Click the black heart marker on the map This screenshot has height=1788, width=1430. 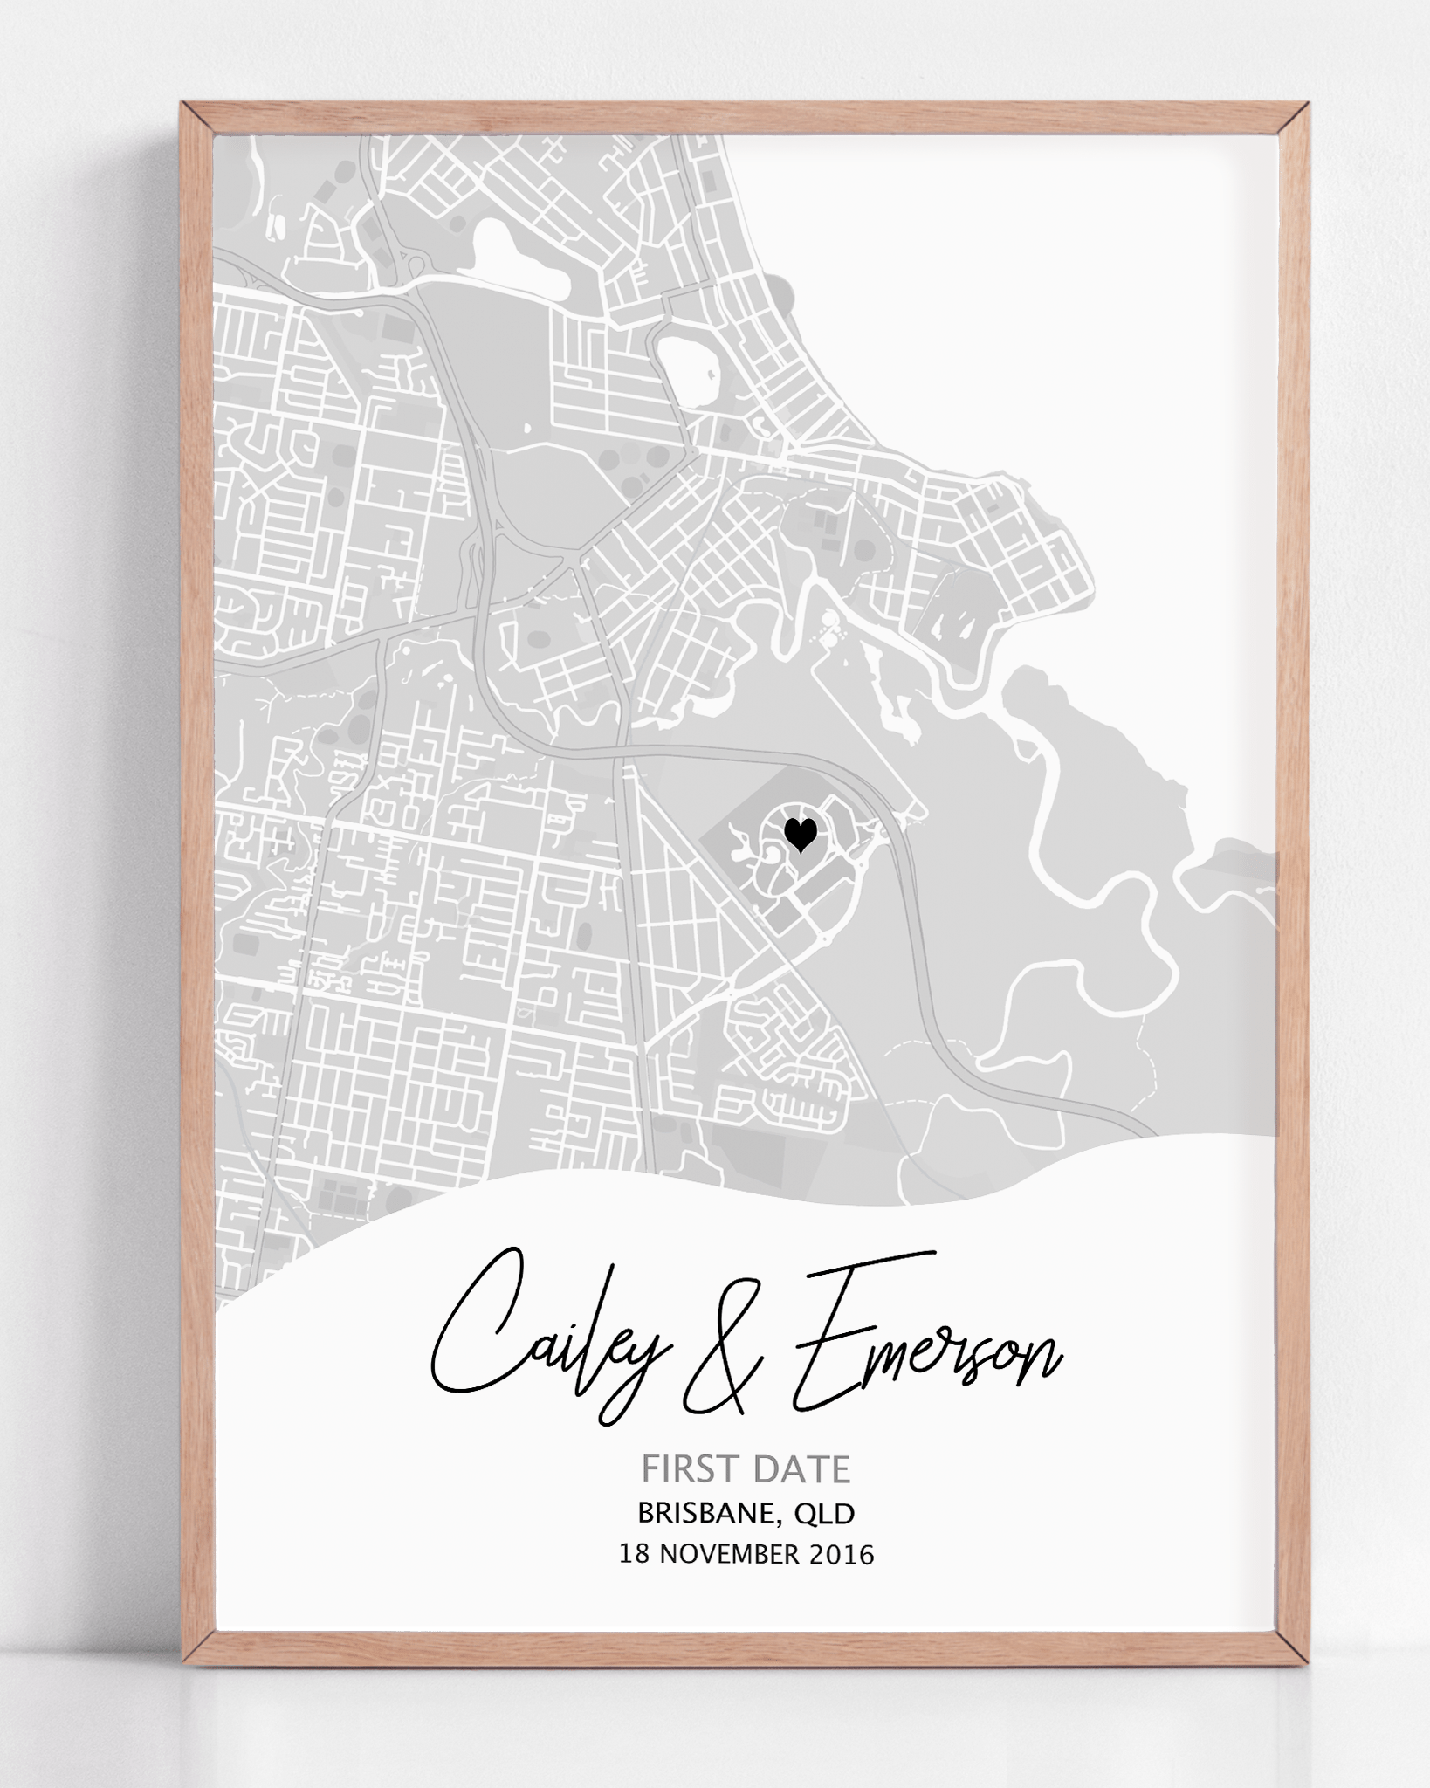pyautogui.click(x=800, y=834)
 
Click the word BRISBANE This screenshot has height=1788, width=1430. pyautogui.click(x=705, y=1512)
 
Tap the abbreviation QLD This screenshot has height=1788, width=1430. pyautogui.click(x=823, y=1512)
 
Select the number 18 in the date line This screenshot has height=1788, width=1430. pyautogui.click(x=633, y=1554)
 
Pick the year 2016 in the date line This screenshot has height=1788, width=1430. pyautogui.click(x=841, y=1554)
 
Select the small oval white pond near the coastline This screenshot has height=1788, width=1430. pyautogui.click(x=689, y=370)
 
